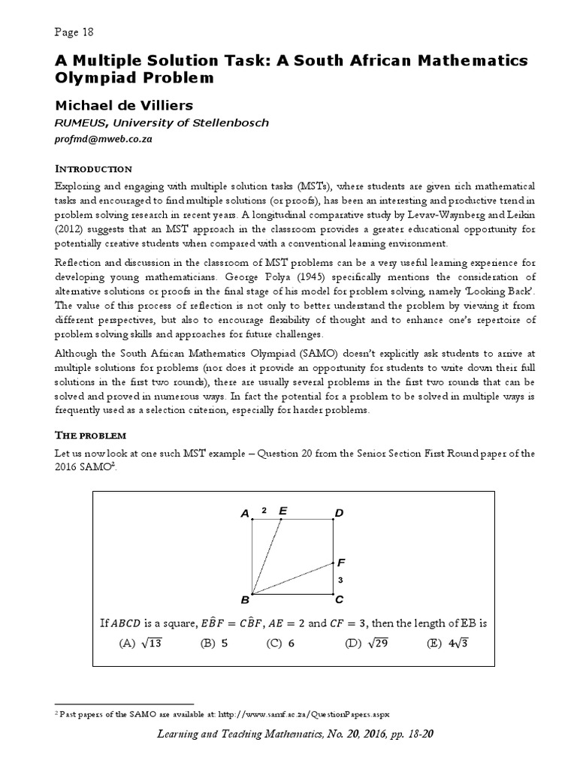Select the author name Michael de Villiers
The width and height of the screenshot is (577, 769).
click(x=123, y=104)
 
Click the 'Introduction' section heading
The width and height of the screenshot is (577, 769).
click(x=94, y=168)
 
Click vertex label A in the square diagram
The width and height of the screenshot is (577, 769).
click(x=245, y=514)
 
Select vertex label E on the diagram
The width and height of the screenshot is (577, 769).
click(x=282, y=511)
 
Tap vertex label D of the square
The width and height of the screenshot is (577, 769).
click(x=338, y=513)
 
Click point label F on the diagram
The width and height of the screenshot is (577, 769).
click(x=342, y=562)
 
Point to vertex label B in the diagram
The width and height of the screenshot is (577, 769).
click(x=244, y=600)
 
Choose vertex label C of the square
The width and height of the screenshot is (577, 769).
click(x=339, y=599)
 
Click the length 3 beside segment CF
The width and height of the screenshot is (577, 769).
click(x=340, y=580)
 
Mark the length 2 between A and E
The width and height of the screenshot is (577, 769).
click(x=264, y=511)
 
